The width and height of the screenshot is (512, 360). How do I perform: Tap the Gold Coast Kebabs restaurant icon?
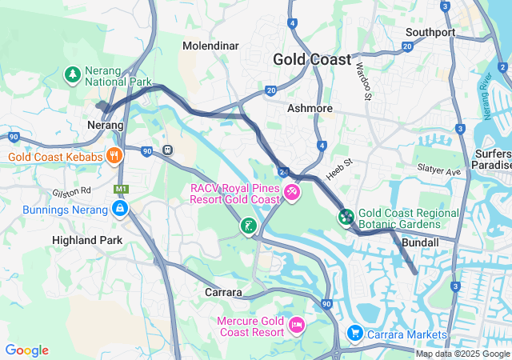point(115,156)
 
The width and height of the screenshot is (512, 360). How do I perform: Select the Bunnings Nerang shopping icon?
point(119,210)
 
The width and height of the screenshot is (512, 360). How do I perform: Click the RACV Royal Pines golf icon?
point(292,193)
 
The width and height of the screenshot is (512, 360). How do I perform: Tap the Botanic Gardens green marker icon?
point(346,216)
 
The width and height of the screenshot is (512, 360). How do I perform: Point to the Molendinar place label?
point(210,46)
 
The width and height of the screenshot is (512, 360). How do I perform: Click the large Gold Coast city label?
point(311,59)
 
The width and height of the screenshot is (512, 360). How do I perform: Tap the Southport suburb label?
point(430,32)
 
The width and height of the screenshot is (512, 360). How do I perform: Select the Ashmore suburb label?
point(310,108)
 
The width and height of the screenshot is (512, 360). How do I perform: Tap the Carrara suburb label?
point(223,292)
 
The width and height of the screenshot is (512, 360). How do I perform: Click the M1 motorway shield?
point(121,189)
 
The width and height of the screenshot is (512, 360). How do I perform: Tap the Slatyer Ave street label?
point(439,170)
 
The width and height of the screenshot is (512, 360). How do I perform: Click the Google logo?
point(26,350)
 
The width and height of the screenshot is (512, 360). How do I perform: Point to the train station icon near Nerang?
point(168,150)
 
